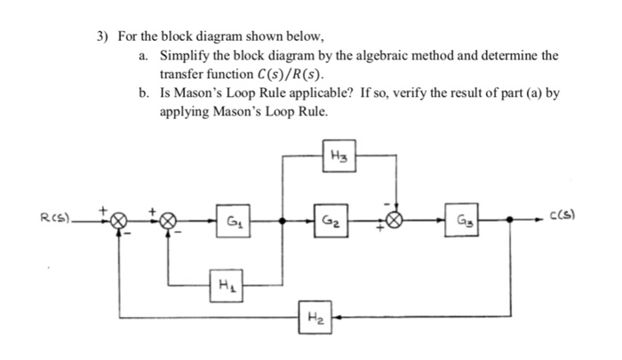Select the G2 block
(329, 217)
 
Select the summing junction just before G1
(167, 218)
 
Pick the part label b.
(144, 94)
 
